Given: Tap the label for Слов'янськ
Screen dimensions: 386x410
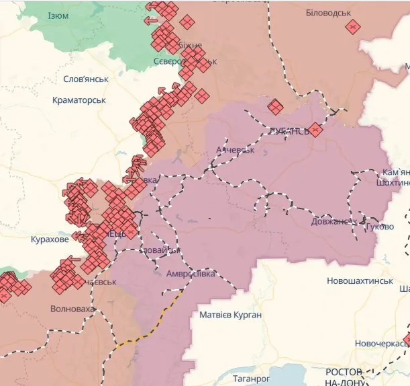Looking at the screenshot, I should click(x=85, y=79).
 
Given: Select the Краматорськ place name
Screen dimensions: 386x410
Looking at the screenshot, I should click(x=80, y=100).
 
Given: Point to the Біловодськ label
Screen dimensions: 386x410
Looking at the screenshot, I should click(x=327, y=13).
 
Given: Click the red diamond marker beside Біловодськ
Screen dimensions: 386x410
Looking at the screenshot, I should click(x=352, y=26).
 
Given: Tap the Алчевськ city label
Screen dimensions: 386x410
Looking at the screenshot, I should click(x=235, y=149).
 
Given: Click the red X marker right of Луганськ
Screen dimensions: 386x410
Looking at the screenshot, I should click(x=315, y=129).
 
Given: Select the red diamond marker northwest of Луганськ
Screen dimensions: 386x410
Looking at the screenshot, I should click(x=275, y=106).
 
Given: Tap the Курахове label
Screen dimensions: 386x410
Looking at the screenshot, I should click(x=50, y=239).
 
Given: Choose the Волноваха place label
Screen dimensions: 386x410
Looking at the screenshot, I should click(x=72, y=309).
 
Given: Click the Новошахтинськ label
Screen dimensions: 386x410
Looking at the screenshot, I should click(x=360, y=280).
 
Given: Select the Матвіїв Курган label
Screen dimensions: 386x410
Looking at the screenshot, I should click(x=230, y=314).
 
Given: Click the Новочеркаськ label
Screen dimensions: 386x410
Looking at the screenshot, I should click(x=381, y=344).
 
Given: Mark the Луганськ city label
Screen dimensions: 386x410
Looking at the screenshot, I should click(x=290, y=131).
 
